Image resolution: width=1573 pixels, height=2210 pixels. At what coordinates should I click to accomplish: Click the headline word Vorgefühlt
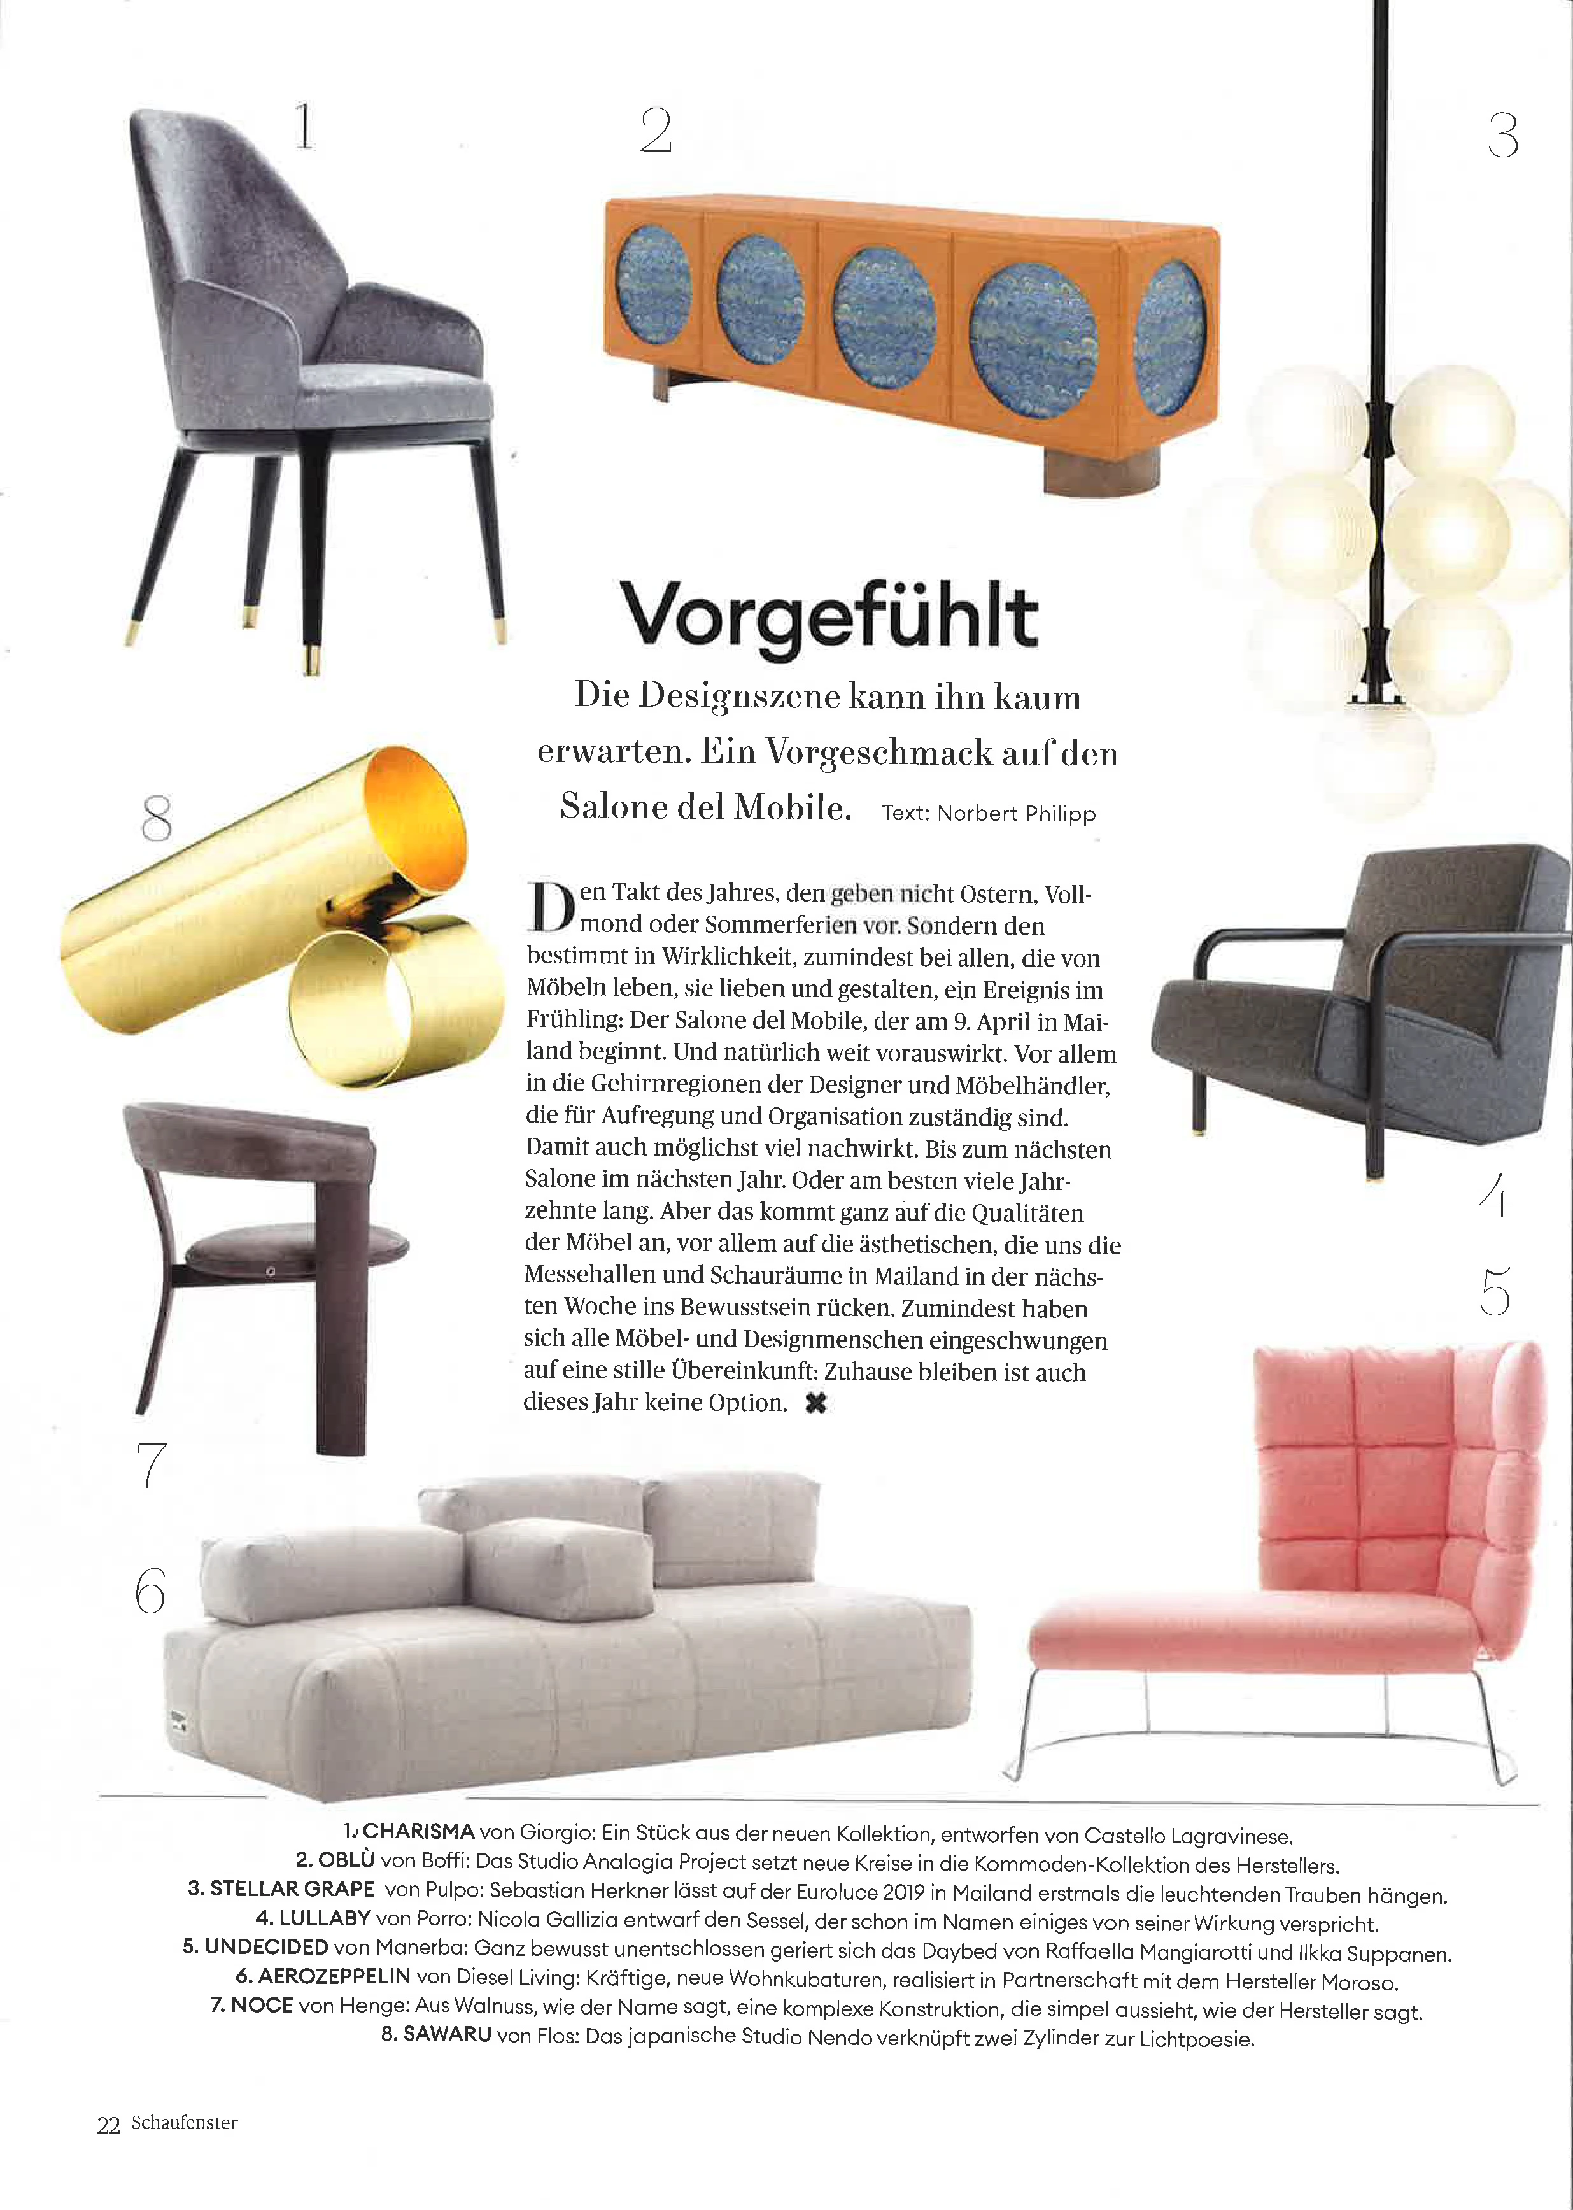(828, 615)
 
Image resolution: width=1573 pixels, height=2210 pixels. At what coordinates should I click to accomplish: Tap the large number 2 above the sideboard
(656, 131)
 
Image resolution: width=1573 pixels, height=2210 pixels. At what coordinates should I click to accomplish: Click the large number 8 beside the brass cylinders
(156, 819)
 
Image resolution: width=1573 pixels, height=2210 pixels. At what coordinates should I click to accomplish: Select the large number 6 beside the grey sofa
(150, 1591)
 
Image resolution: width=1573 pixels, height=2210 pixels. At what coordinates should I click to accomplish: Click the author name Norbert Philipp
(1016, 814)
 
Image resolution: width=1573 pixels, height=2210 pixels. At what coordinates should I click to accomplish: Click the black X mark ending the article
(815, 1403)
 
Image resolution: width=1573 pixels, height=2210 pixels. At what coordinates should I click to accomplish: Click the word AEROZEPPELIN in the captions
(334, 1976)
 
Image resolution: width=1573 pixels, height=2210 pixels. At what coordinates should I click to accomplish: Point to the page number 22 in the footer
(108, 2125)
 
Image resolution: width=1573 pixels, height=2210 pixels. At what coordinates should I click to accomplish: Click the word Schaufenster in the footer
(184, 2123)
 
